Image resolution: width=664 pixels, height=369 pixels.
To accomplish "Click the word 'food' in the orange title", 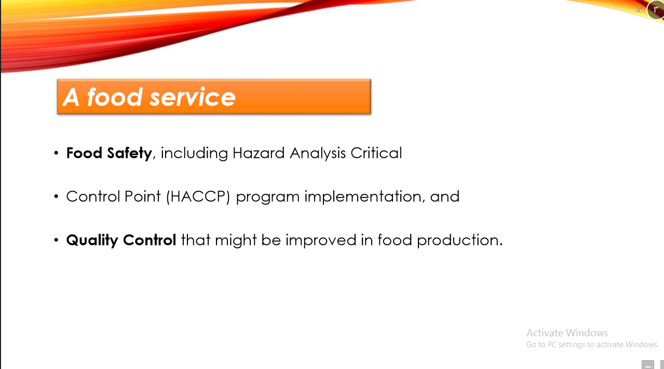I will pyautogui.click(x=114, y=97).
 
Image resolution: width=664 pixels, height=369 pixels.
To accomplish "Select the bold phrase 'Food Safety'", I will pyautogui.click(x=109, y=153).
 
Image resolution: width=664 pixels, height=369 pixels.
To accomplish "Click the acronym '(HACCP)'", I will pyautogui.click(x=198, y=197).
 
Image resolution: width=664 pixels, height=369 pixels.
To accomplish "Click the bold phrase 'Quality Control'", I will pyautogui.click(x=121, y=240).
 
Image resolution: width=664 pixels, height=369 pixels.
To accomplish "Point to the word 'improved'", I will pyautogui.click(x=318, y=240).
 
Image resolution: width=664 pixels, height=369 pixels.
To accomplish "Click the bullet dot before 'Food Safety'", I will pyautogui.click(x=56, y=154).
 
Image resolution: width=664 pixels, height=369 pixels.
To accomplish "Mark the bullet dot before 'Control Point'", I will pyautogui.click(x=56, y=197).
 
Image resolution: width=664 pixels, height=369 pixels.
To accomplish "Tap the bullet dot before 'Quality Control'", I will pyautogui.click(x=56, y=241).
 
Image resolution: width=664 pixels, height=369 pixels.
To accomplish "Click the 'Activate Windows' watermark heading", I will pyautogui.click(x=567, y=333).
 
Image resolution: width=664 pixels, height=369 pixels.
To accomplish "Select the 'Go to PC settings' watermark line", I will pyautogui.click(x=592, y=345).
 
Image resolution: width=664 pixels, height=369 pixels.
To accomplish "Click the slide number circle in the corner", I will pyautogui.click(x=656, y=9).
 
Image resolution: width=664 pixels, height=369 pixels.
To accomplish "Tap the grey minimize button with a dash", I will pyautogui.click(x=647, y=364).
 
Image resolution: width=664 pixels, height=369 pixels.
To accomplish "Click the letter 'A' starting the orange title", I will pyautogui.click(x=71, y=97).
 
